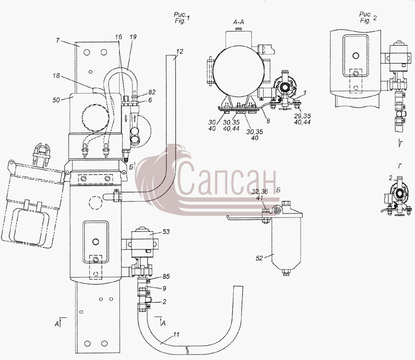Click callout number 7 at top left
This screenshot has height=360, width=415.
coord(58,41)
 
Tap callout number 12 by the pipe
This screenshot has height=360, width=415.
coord(179,51)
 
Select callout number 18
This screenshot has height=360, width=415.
coord(56,76)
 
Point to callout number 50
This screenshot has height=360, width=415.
coord(56,100)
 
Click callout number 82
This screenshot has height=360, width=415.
coord(152,92)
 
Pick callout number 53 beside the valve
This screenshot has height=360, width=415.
coord(166,232)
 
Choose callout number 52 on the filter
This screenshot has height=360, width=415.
coord(259,258)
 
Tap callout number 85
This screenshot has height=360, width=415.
coord(166,277)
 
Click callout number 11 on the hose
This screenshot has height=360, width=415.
coord(176,335)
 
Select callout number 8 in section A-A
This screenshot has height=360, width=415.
coord(268,121)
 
